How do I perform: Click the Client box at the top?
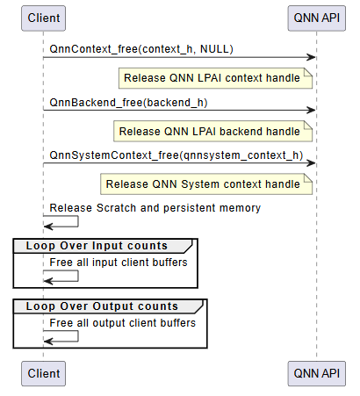point(44,18)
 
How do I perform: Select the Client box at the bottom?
point(44,373)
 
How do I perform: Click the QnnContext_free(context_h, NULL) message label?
point(141,47)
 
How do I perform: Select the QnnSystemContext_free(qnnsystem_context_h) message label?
point(176,155)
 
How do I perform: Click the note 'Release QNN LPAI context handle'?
point(217,78)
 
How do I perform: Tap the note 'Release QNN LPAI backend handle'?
point(213,132)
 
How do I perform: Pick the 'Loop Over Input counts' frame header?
point(97,245)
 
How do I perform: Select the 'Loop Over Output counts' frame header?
point(102,306)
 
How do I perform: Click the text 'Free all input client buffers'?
point(119,262)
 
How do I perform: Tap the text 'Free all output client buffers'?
point(122,322)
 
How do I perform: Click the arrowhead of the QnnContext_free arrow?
point(311,58)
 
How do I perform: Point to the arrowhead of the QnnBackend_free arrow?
point(311,112)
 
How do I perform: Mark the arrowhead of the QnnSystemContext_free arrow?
point(311,165)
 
